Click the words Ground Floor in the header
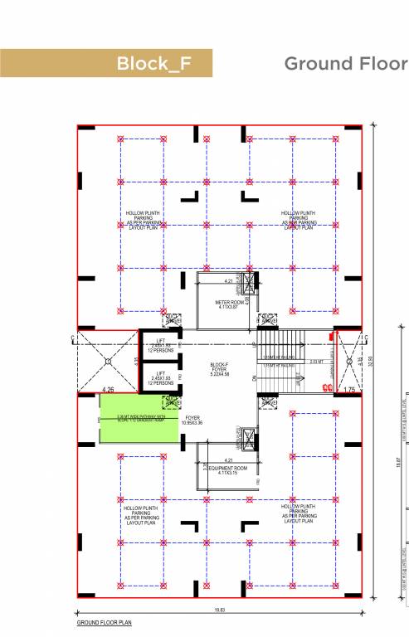pyautogui.click(x=345, y=64)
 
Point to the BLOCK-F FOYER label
pyautogui.click(x=219, y=369)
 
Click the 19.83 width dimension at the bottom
pyautogui.click(x=219, y=610)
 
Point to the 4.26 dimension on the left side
pyautogui.click(x=107, y=388)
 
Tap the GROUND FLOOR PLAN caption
pyautogui.click(x=104, y=622)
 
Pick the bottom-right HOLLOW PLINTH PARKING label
pyautogui.click(x=297, y=513)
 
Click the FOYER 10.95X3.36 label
pyautogui.click(x=192, y=421)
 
